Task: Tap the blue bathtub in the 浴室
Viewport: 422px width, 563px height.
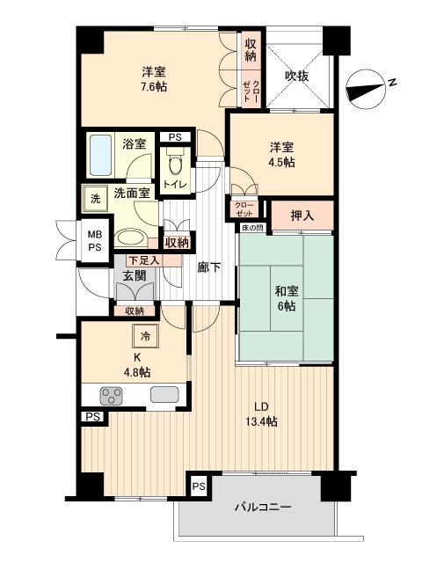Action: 100,155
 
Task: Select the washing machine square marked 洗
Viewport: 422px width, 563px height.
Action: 95,199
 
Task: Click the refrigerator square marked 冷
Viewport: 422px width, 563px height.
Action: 145,336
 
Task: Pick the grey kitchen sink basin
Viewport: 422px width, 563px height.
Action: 164,394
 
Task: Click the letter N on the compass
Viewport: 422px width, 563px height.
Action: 393,82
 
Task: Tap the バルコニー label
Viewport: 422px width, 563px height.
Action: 263,507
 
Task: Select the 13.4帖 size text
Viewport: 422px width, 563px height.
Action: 261,421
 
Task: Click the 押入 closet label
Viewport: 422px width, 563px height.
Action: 302,216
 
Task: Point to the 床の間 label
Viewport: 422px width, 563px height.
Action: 252,228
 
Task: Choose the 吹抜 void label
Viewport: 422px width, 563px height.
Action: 297,76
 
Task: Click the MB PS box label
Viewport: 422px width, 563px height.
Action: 95,241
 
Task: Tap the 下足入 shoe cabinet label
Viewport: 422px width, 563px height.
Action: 144,260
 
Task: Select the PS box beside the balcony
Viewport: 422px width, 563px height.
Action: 199,486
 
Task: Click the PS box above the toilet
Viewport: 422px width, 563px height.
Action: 175,137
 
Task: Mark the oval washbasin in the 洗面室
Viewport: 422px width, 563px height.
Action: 130,238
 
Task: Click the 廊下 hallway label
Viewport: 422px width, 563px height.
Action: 209,267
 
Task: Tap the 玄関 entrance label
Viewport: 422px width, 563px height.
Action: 135,275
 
